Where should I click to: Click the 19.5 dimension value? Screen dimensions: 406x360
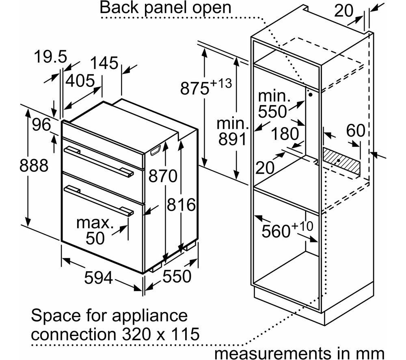coord(50,57)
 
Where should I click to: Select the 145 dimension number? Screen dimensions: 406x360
coord(104,63)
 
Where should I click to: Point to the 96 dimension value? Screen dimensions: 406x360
coord(42,125)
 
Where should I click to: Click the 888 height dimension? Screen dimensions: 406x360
coord(34,166)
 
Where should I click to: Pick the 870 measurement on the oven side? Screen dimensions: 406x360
coord(163,177)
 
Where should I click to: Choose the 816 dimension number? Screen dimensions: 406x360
coord(181,205)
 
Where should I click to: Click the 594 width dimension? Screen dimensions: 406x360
coord(99,278)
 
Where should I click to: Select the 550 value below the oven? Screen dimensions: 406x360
coord(177,276)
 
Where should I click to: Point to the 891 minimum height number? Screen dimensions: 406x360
coord(232,139)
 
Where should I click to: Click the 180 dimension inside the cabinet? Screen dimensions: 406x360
coord(285,134)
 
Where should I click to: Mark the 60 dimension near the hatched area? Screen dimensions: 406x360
coord(356,130)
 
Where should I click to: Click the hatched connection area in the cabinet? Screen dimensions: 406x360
coord(341,161)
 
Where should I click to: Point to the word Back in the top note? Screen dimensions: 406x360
coord(119,8)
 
